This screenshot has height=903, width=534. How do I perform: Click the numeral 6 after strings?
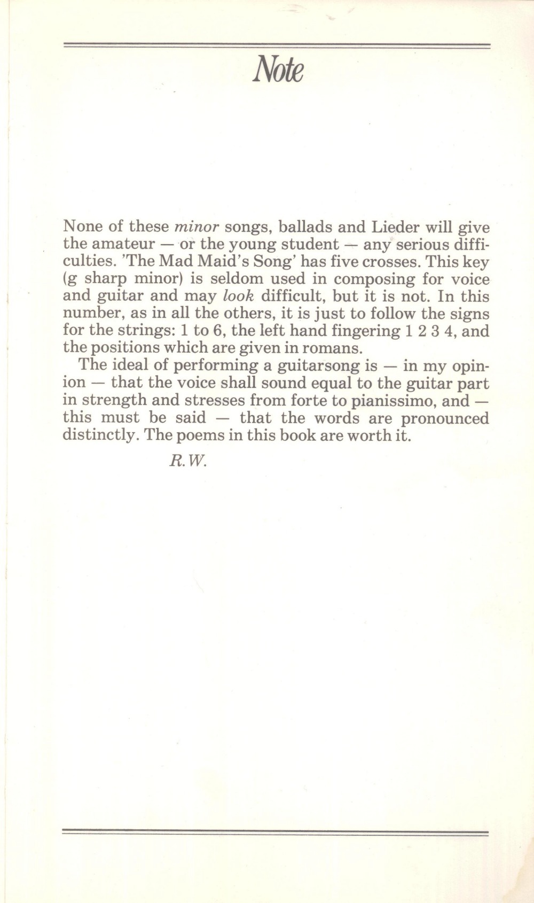click(217, 331)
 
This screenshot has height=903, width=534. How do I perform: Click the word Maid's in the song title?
click(213, 262)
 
